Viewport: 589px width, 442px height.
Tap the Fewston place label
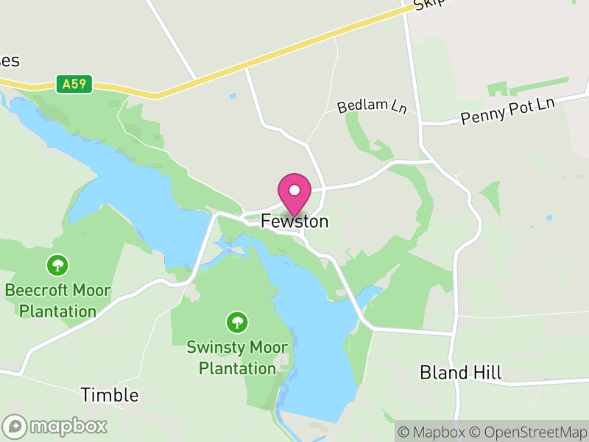(x=294, y=221)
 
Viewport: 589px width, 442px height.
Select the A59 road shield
(x=74, y=84)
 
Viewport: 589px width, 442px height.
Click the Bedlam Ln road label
(x=373, y=106)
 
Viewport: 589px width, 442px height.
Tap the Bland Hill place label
(x=461, y=372)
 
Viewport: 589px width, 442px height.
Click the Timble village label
(x=110, y=395)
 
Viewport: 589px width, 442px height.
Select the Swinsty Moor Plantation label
(x=236, y=357)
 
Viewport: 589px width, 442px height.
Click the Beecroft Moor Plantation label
(x=57, y=301)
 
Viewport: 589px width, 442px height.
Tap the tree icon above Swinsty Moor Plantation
(x=236, y=321)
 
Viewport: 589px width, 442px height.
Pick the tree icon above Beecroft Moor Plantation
(x=57, y=264)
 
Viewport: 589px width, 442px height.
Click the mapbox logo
(x=55, y=426)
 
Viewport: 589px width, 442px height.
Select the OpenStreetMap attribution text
(x=527, y=432)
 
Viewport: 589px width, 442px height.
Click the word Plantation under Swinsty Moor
(x=236, y=368)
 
